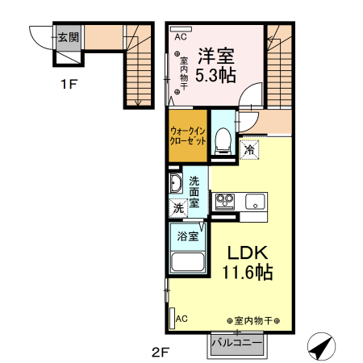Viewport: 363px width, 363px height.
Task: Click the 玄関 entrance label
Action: coord(68,36)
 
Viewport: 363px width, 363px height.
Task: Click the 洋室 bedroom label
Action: coord(216,56)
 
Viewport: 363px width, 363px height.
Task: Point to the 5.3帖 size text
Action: coord(216,75)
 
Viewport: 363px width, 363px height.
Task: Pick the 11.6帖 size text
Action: coord(240,273)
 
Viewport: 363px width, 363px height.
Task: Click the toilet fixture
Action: coord(223,141)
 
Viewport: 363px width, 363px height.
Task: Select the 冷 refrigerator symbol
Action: coord(251,150)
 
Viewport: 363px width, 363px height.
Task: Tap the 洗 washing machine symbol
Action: coord(178,207)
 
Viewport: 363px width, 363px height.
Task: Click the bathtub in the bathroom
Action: coord(188,263)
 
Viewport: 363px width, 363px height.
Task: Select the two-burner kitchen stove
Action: coord(223,200)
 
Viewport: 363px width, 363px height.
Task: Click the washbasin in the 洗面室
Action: coord(175,182)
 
